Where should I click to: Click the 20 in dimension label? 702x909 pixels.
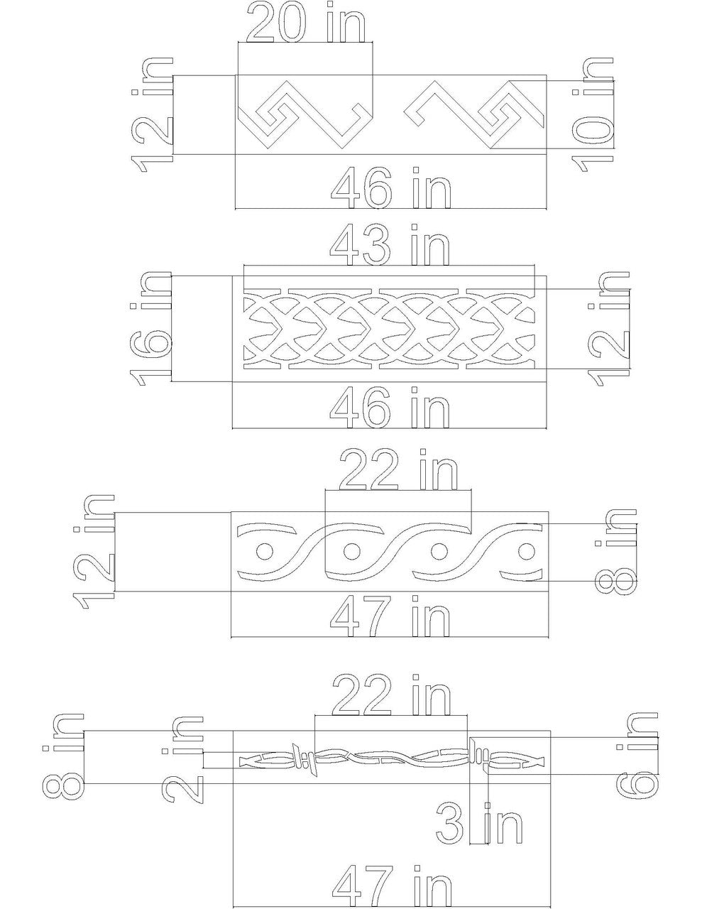pyautogui.click(x=305, y=23)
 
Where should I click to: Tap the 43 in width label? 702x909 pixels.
pyautogui.click(x=391, y=245)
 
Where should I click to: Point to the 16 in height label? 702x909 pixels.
pyautogui.click(x=151, y=328)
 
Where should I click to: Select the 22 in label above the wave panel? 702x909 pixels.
pyautogui.click(x=398, y=470)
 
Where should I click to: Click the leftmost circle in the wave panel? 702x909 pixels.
pyautogui.click(x=264, y=551)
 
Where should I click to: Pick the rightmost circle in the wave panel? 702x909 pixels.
pyautogui.click(x=526, y=551)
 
